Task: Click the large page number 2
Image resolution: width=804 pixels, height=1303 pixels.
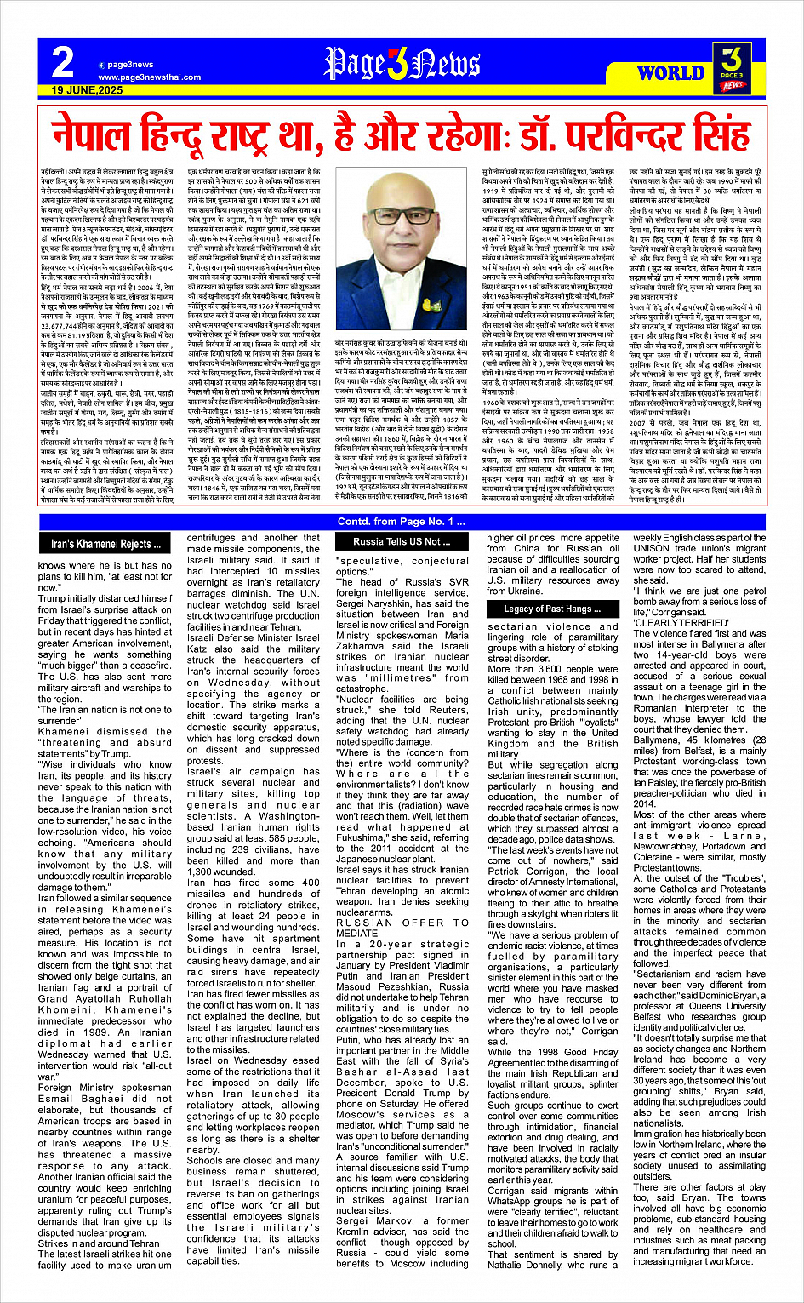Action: (x=62, y=62)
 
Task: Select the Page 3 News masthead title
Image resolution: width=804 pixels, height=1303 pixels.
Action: (x=402, y=63)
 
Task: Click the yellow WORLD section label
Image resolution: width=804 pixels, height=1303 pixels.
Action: (x=670, y=73)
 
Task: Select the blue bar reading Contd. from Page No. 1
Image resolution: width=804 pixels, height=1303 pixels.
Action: (x=402, y=522)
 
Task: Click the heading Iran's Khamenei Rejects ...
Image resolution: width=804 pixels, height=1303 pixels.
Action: (x=105, y=544)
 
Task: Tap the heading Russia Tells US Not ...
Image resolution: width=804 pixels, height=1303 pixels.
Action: (x=402, y=541)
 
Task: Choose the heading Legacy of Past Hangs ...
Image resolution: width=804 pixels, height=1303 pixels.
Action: (x=551, y=609)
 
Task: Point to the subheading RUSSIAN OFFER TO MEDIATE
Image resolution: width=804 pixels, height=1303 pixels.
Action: (x=402, y=927)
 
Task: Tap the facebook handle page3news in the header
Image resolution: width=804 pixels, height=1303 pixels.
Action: (x=131, y=65)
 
